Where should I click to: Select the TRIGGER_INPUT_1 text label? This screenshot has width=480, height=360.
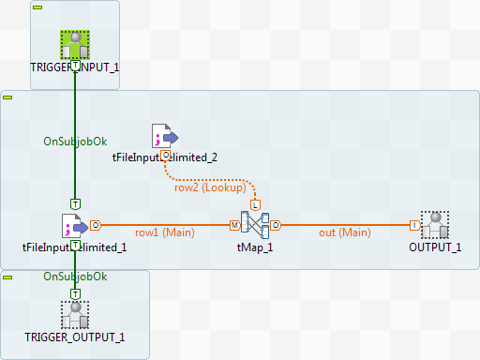75,67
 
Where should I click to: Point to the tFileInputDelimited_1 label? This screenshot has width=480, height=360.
74,247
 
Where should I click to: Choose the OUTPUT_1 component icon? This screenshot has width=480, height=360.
435,225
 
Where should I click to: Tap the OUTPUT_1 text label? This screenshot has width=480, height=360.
435,247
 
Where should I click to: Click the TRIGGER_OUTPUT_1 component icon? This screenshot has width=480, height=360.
75,315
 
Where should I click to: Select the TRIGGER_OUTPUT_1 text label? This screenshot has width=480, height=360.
75,337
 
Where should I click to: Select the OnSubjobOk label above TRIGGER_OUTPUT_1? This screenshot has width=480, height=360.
75,277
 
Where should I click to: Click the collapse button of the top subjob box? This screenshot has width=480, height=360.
37,7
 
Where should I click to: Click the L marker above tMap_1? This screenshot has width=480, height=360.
255,203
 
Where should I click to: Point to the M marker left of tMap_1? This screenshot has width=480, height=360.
233,225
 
